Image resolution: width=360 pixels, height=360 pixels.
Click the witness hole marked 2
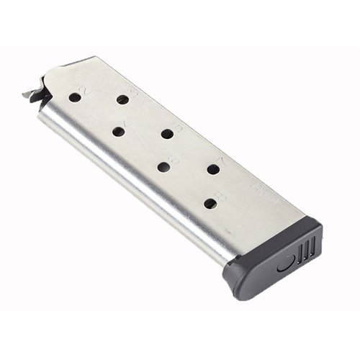click(x=75, y=97)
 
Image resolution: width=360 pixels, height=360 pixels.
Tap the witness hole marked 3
click(x=122, y=99)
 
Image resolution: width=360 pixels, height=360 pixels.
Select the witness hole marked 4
click(x=117, y=131)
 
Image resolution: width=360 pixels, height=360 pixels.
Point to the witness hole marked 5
click(x=167, y=133)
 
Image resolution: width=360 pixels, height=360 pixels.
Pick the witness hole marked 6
click(x=163, y=166)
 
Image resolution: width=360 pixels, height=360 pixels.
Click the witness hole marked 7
click(x=213, y=169)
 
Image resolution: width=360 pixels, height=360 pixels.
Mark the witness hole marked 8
click(x=210, y=204)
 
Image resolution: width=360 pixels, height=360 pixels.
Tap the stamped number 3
click(x=132, y=94)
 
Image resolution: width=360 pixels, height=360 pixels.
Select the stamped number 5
click(x=178, y=127)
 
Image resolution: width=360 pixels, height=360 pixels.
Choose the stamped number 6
click(x=173, y=160)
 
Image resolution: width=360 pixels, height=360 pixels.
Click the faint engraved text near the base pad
click(x=258, y=189)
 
